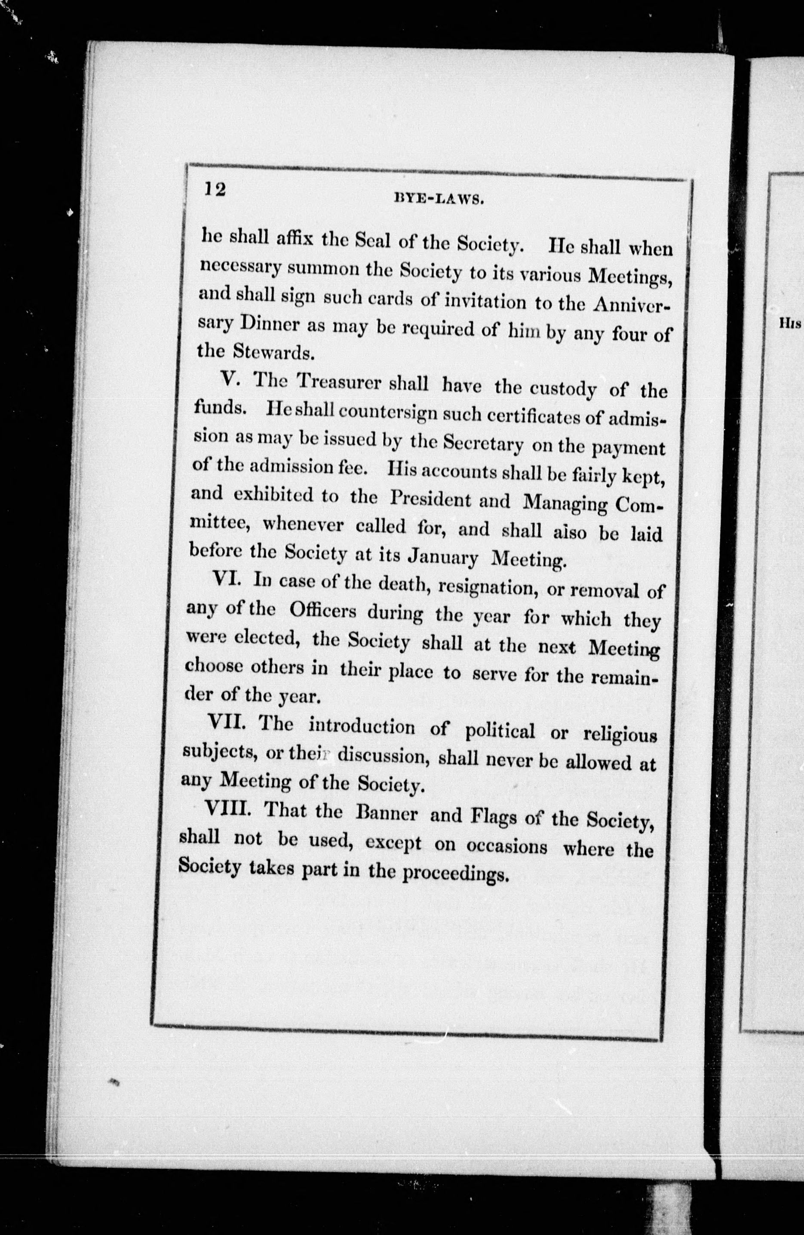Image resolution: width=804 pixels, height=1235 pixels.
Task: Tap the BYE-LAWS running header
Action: tap(439, 199)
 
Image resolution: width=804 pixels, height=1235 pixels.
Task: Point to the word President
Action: tap(430, 500)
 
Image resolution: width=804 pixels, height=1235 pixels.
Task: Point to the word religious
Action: tap(620, 736)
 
